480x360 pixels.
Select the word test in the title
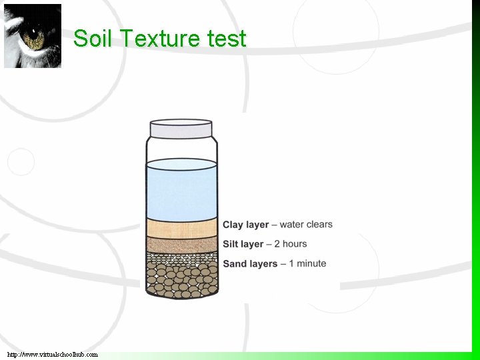[x=227, y=39]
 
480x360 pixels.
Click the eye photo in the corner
[x=33, y=35]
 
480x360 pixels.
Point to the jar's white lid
[x=181, y=128]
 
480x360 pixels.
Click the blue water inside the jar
[x=181, y=190]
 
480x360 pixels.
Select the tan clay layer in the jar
[x=181, y=227]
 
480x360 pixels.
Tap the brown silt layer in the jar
[x=181, y=244]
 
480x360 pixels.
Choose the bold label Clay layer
[x=245, y=225]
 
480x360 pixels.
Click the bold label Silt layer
[x=243, y=244]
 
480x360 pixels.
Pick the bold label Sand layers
[x=250, y=264]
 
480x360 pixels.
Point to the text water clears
[x=306, y=225]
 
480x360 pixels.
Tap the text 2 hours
[x=290, y=244]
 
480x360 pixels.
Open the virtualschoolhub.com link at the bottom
[x=53, y=355]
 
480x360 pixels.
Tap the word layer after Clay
[x=257, y=225]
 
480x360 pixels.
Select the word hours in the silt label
[x=295, y=244]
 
